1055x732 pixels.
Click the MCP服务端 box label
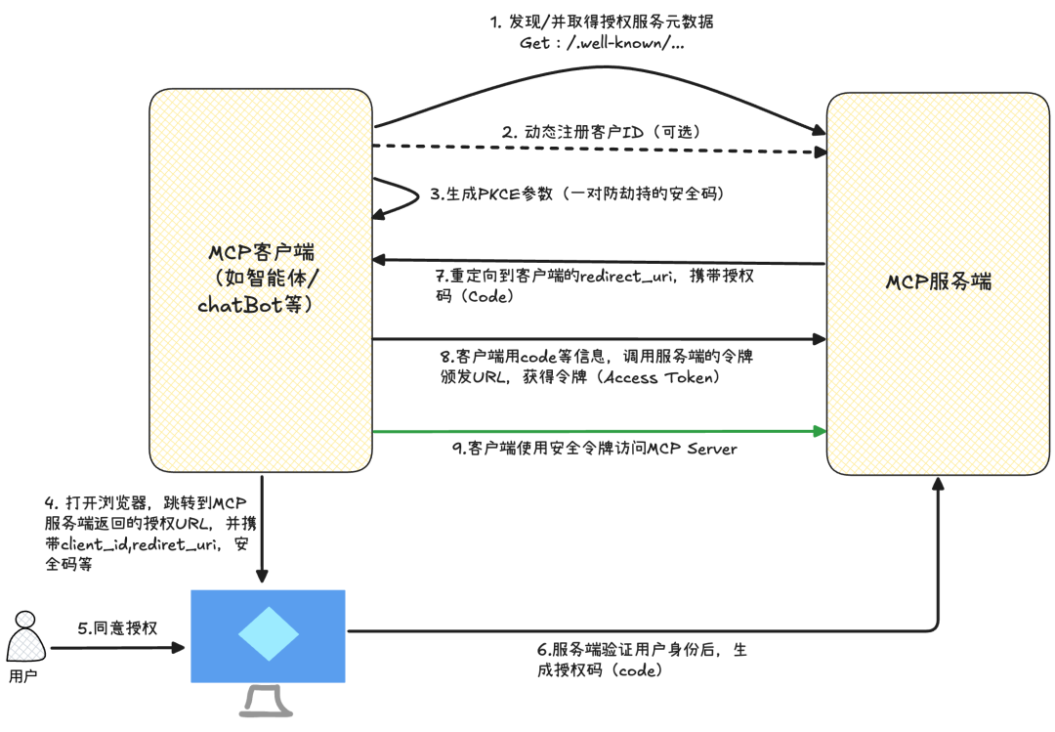tap(939, 282)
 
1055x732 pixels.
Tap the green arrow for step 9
tap(596, 430)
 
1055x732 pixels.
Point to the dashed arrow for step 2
tap(596, 150)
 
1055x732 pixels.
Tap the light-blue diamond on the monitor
tap(268, 635)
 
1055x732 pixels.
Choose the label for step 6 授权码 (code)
tap(601, 670)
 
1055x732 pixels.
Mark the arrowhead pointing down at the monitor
tap(262, 578)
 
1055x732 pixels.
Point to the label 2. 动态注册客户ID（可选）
tap(600, 131)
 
